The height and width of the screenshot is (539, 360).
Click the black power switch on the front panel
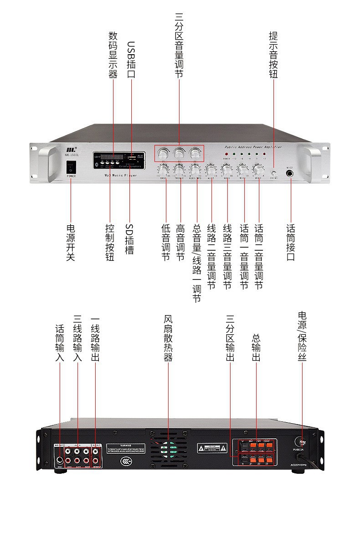(71, 167)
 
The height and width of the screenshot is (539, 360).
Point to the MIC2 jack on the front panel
(289, 173)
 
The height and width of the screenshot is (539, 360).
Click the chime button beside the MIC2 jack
(274, 173)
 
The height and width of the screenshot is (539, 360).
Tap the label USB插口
(131, 60)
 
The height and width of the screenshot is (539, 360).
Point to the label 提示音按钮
(274, 55)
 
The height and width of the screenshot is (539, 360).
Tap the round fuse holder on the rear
(302, 441)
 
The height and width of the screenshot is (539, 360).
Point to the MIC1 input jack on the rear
(59, 458)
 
